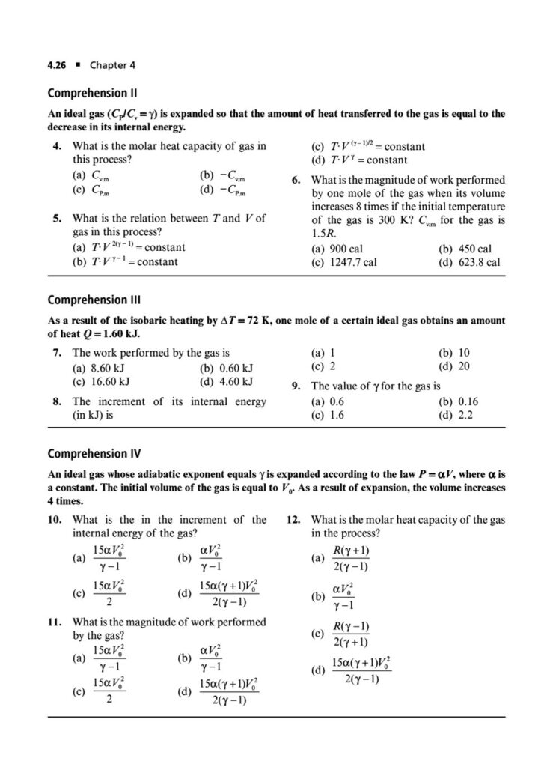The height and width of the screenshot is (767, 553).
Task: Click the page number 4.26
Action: (x=58, y=65)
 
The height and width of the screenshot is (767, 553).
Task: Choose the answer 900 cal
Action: (x=333, y=249)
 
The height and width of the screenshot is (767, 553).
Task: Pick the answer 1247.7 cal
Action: (x=338, y=263)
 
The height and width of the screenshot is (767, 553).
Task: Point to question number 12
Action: (x=298, y=519)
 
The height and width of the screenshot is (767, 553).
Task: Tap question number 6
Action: (x=298, y=180)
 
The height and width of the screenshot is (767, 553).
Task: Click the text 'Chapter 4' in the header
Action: (x=112, y=65)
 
